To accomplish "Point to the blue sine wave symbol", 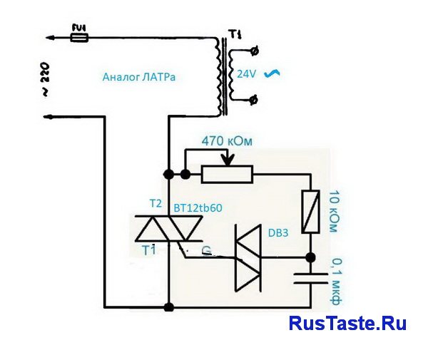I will pos(271,73).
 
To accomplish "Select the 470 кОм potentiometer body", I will pos(227,173).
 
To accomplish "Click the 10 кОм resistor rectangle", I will pos(311,212).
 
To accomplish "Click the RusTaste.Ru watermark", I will pos(347,324).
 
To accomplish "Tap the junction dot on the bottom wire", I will pos(169,308).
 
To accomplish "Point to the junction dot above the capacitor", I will pos(311,257).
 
